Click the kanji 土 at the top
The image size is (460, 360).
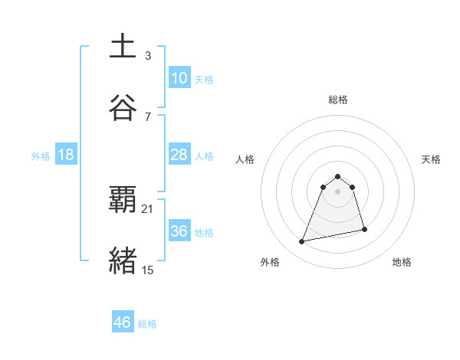tap(123, 47)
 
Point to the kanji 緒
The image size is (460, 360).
tap(123, 260)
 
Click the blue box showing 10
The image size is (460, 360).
tap(179, 78)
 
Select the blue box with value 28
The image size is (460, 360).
tap(179, 155)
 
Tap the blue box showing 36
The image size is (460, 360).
tap(179, 231)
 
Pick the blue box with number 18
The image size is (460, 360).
tap(66, 155)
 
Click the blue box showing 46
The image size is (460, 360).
tap(122, 322)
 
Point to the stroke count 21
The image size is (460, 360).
tap(148, 208)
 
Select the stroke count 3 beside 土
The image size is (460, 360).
tap(148, 55)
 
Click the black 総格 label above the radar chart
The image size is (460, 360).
tap(338, 100)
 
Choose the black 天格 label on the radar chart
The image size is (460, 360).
tap(432, 159)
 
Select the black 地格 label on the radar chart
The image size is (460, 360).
tap(402, 262)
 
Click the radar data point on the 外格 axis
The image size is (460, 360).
tap(302, 242)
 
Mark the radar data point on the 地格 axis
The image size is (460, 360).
tap(364, 229)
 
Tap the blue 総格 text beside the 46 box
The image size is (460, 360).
tap(147, 324)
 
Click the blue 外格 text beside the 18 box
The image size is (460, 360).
tap(41, 156)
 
